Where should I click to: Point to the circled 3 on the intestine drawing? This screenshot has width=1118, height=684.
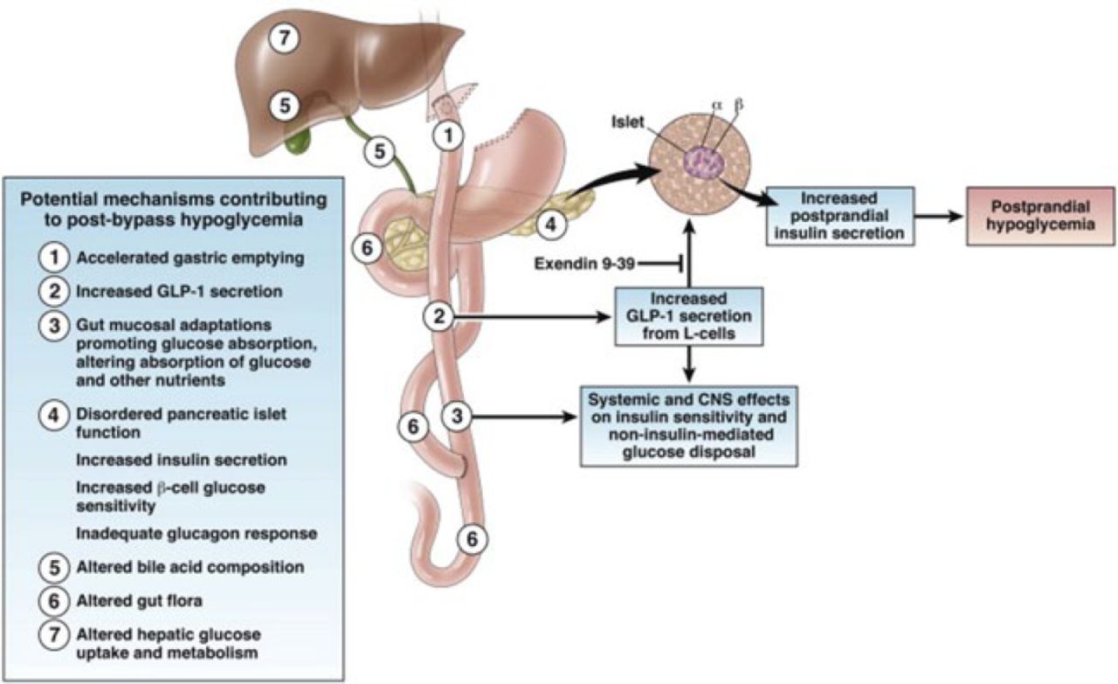pos(456,416)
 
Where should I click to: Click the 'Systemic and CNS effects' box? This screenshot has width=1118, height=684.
pos(690,423)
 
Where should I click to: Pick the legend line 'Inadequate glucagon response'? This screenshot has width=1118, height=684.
pos(195,533)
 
